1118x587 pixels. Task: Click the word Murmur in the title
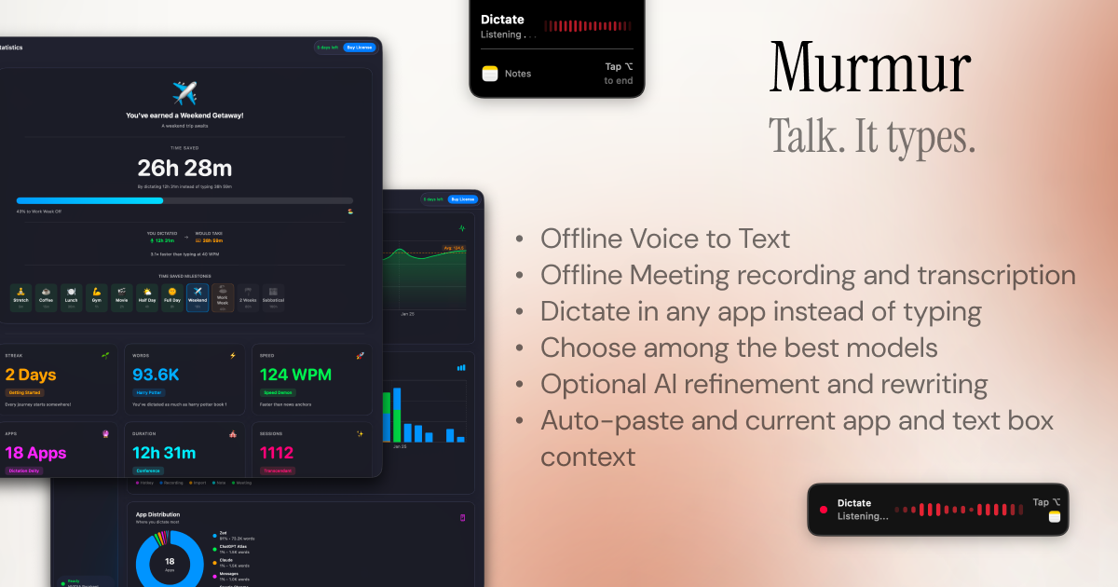[870, 69]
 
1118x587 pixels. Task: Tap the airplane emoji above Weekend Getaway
[184, 93]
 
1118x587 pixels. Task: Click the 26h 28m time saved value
[184, 169]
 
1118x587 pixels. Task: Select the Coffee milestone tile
[47, 297]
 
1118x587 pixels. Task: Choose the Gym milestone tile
[97, 297]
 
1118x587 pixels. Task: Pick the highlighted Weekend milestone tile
[198, 297]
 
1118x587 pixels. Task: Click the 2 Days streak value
[31, 375]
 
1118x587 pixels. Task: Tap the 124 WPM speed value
[289, 375]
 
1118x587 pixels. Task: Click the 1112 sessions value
[277, 453]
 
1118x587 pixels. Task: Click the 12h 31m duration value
[164, 453]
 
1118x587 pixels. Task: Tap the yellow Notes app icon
[490, 74]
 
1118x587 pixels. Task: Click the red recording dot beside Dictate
[823, 509]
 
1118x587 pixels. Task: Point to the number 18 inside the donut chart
[170, 561]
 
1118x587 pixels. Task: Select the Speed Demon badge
[278, 392]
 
